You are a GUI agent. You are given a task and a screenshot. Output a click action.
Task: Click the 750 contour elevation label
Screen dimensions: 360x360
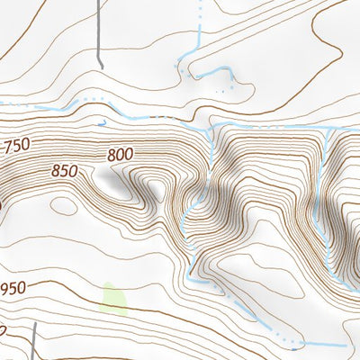(x=16, y=147)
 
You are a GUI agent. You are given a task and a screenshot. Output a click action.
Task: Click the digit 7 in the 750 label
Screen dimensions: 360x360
(x=8, y=148)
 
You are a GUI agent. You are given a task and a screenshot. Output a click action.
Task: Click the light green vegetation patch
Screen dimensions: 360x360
(x=112, y=299)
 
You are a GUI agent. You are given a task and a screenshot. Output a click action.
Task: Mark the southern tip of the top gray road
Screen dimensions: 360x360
(x=102, y=67)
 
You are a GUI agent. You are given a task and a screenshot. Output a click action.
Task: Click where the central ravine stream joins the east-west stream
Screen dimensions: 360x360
(x=210, y=127)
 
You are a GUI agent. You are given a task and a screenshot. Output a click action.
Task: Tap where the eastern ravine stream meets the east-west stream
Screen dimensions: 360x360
(x=329, y=129)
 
